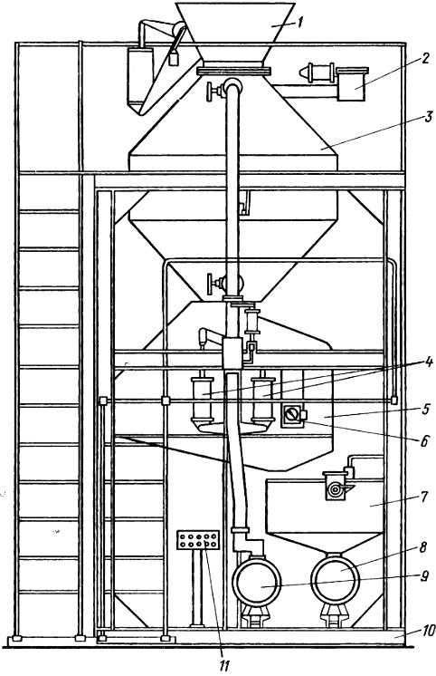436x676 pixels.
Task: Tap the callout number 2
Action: [x=425, y=59]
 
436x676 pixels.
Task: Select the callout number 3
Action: [x=428, y=116]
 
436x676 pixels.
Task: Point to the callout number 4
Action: [x=428, y=362]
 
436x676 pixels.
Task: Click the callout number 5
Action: [x=426, y=409]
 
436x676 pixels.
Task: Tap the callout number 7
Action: [x=423, y=497]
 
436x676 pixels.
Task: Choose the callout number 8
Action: [x=424, y=547]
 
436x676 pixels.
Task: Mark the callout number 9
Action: [x=424, y=576]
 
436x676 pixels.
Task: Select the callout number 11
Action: [x=223, y=666]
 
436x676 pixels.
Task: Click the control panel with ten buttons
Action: [x=198, y=540]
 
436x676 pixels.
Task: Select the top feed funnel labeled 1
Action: [x=236, y=33]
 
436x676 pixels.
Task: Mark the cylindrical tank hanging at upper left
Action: [x=140, y=80]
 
